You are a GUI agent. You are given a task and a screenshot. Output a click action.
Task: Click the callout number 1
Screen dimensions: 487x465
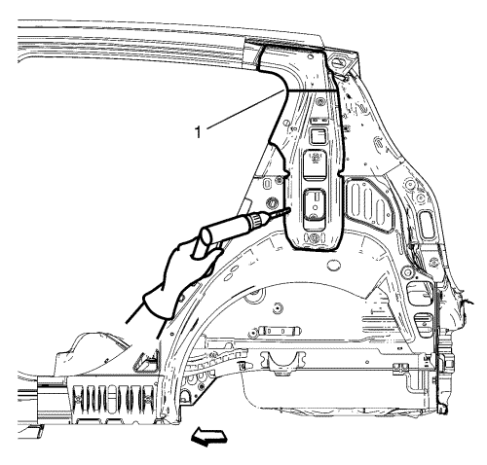[198, 132]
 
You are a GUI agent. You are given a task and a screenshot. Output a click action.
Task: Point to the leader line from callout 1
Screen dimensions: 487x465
[245, 109]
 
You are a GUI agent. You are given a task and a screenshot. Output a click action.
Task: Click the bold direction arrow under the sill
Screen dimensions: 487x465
[208, 435]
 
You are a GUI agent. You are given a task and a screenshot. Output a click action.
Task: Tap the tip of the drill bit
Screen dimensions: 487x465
[288, 209]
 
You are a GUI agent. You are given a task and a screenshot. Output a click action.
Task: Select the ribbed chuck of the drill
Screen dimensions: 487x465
[256, 220]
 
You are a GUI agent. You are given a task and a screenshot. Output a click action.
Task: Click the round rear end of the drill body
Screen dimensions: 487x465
[206, 235]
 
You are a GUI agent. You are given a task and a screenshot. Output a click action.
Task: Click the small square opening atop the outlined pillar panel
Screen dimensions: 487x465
[318, 136]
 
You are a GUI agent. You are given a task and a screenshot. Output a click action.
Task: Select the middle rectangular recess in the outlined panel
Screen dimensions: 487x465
[315, 164]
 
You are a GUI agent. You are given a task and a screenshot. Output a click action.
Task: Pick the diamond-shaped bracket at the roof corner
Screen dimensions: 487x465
[338, 62]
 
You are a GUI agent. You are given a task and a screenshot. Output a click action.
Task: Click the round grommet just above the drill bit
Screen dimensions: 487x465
[272, 203]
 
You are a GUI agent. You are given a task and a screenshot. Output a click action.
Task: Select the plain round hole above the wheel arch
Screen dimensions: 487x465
[333, 265]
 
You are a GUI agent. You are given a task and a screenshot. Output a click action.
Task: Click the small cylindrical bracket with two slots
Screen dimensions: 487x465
[276, 332]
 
